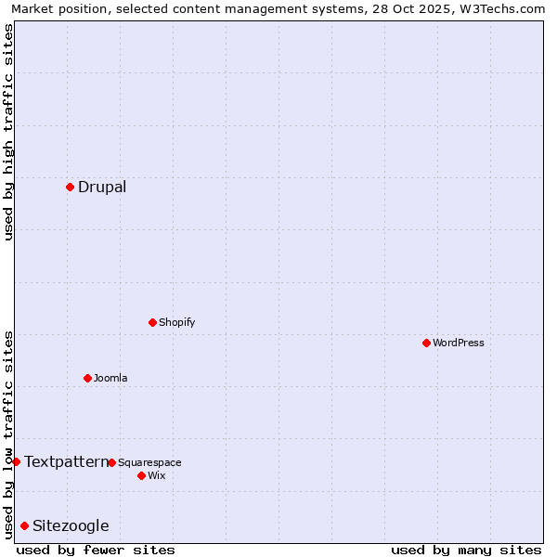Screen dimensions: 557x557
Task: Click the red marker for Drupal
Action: (x=70, y=187)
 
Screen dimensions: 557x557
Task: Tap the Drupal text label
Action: (x=102, y=187)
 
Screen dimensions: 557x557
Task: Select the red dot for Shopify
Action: (x=152, y=322)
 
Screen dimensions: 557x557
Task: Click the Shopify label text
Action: (x=176, y=322)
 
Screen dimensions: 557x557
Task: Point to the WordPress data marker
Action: (x=426, y=343)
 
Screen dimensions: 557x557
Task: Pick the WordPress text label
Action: (x=458, y=343)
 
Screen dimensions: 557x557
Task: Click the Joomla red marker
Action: (x=87, y=378)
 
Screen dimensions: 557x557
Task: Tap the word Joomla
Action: (x=110, y=378)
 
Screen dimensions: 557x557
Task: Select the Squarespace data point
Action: (x=111, y=462)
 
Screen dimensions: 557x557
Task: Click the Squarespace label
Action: (x=149, y=462)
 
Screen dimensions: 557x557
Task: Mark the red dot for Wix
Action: (x=141, y=475)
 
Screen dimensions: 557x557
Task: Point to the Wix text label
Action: (x=156, y=475)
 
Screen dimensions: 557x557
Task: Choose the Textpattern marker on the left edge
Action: (x=16, y=461)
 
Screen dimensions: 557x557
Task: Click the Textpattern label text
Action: (x=65, y=461)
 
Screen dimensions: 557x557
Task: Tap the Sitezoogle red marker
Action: (x=24, y=525)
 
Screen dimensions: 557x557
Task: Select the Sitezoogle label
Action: (x=71, y=525)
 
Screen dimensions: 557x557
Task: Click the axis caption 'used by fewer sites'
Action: (x=96, y=550)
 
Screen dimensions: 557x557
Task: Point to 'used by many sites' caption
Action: (x=466, y=550)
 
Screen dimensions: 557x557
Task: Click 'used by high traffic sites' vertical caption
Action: (x=8, y=132)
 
